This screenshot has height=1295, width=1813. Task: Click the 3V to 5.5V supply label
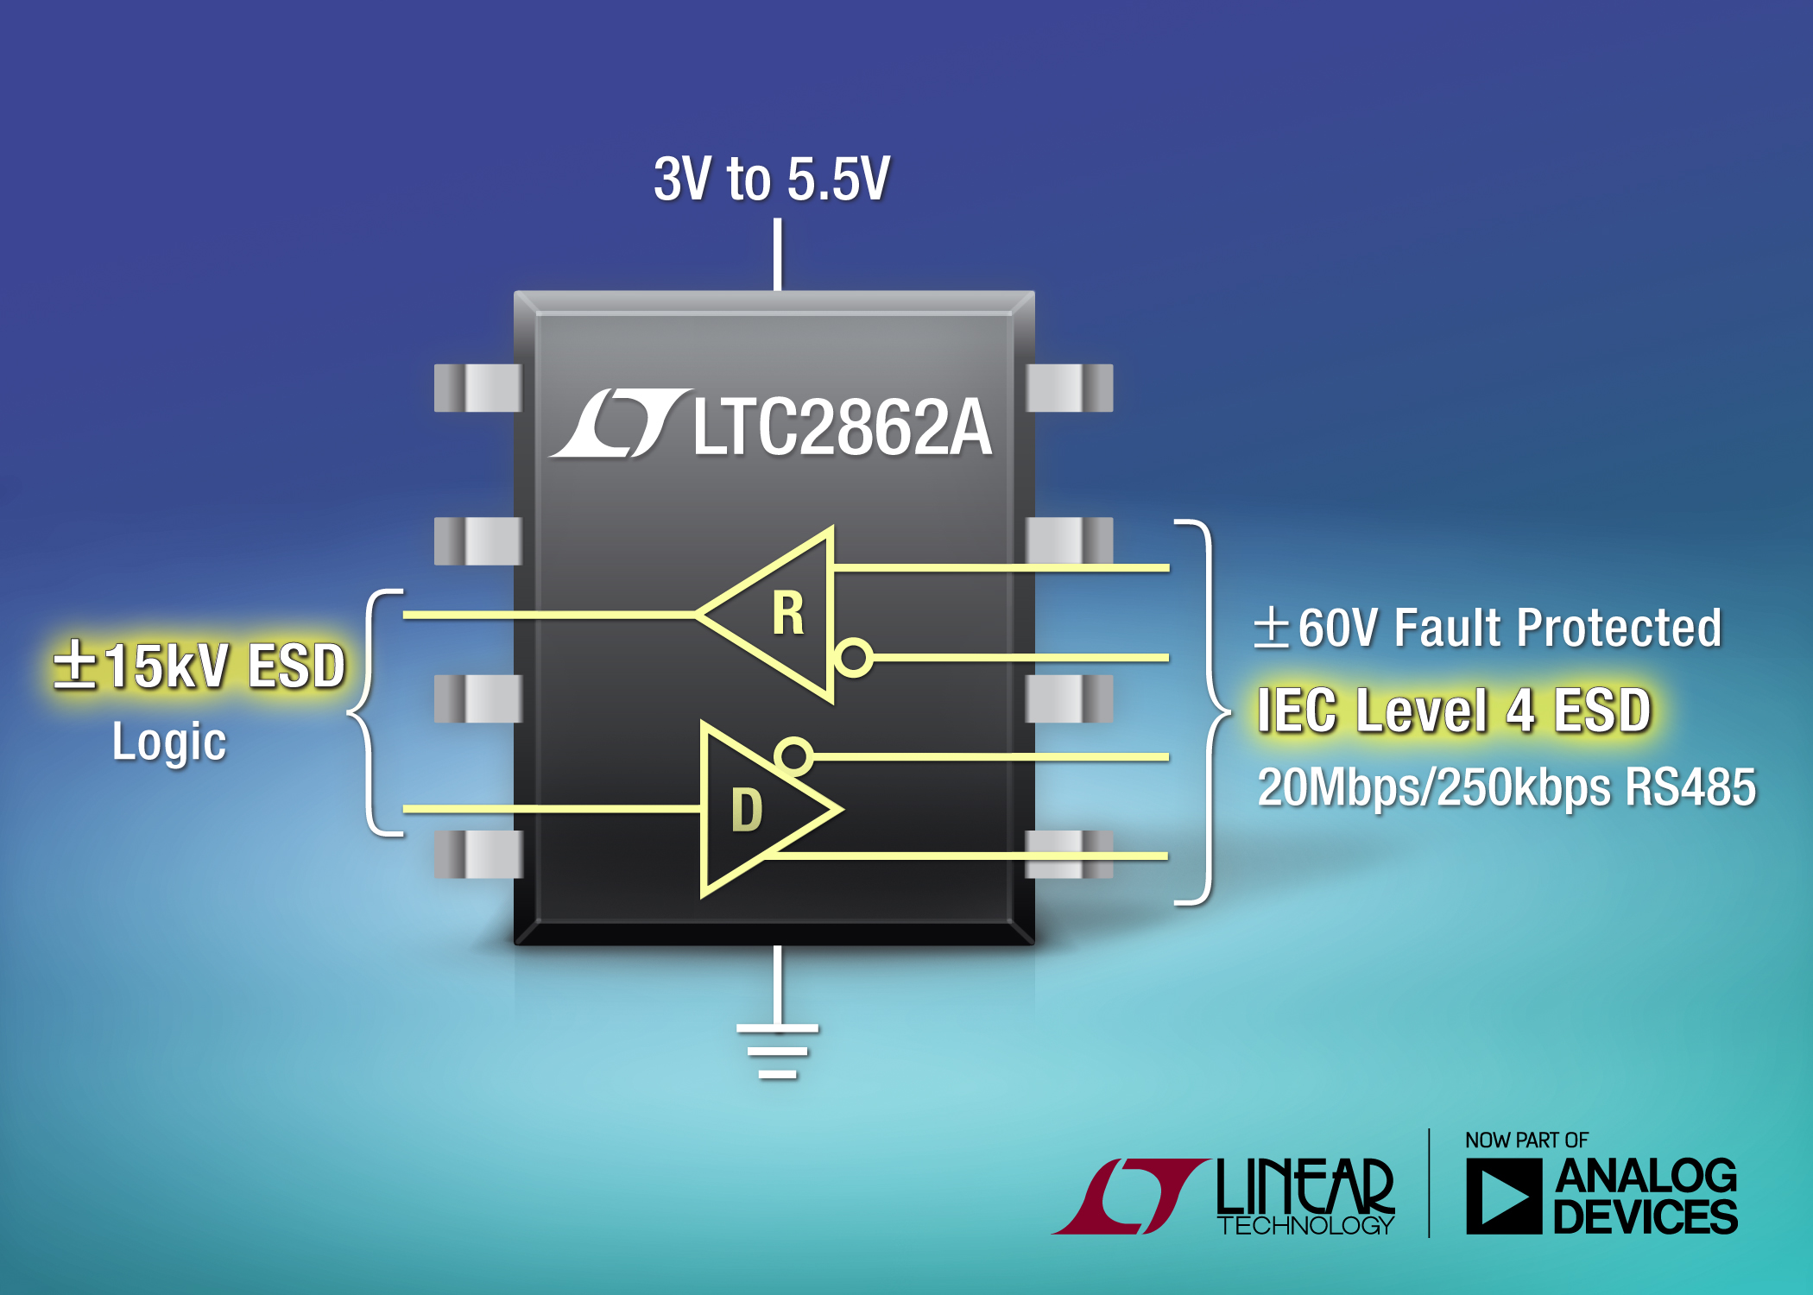[x=771, y=180]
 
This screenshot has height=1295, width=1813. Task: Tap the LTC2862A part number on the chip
[x=842, y=426]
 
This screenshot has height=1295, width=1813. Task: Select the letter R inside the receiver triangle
[x=787, y=614]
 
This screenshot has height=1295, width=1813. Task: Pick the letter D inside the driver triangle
[x=747, y=811]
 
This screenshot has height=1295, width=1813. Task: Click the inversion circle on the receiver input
[x=854, y=657]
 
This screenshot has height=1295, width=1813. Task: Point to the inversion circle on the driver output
[x=793, y=755]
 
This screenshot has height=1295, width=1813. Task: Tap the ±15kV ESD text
[x=199, y=666]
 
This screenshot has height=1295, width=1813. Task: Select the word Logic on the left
[x=169, y=742]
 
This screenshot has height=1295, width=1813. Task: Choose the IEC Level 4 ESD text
[x=1454, y=711]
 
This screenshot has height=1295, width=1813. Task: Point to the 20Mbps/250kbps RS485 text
[x=1507, y=787]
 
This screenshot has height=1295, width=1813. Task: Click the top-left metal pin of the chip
[x=477, y=388]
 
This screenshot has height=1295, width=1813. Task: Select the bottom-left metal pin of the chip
[x=477, y=854]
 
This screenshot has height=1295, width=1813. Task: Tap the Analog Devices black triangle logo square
[x=1503, y=1197]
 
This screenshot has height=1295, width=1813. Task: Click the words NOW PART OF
[x=1526, y=1140]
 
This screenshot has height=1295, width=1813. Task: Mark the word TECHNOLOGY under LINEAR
[x=1305, y=1225]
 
